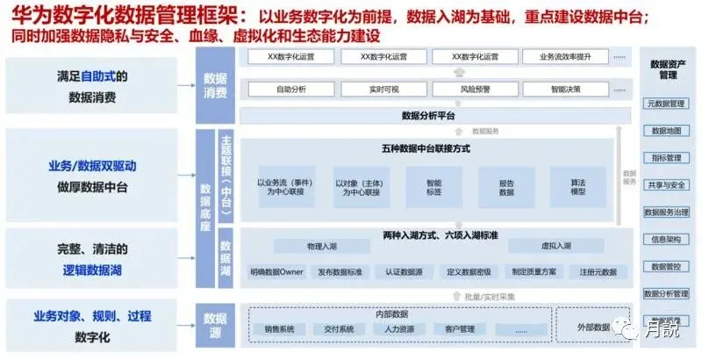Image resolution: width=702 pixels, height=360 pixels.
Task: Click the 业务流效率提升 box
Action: point(559,57)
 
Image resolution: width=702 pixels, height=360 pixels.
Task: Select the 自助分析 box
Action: point(290,90)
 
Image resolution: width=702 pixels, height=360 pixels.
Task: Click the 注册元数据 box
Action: point(598,272)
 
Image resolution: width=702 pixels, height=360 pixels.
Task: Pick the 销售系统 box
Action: point(279,329)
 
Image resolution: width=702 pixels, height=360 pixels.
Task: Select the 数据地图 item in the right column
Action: point(666,131)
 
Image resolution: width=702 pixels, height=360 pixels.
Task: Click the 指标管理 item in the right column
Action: point(666,158)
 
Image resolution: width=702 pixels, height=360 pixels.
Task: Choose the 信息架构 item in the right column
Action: point(666,239)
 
